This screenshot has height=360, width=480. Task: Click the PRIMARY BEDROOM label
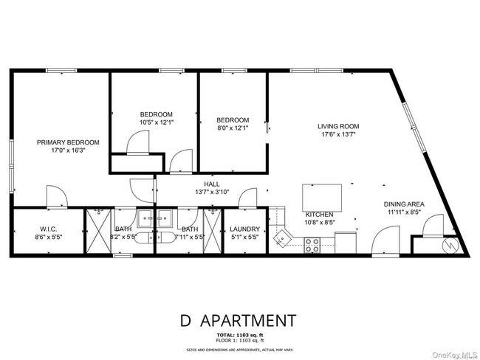69,142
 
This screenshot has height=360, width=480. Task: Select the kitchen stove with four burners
312,243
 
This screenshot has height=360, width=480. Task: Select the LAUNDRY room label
243,229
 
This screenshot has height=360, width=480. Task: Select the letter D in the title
185,321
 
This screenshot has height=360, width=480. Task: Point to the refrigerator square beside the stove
345,243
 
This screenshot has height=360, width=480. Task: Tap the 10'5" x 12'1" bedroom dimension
157,123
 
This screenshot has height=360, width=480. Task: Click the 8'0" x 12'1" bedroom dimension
233,128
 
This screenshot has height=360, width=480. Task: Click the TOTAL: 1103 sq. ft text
239,336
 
